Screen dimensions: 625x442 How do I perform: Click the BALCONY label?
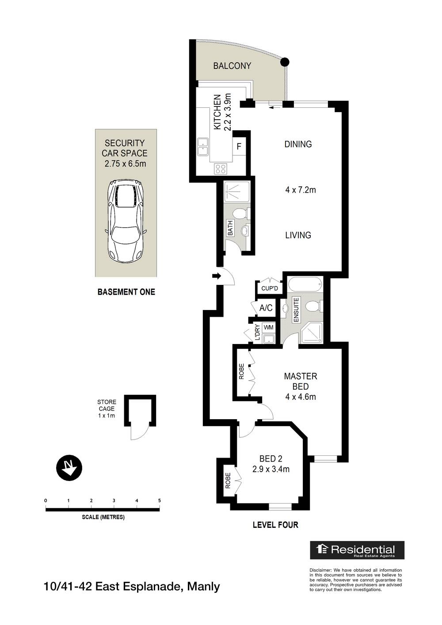(232, 66)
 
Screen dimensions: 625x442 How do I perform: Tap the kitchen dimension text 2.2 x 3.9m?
(228, 112)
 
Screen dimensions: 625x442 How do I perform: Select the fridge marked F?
(239, 146)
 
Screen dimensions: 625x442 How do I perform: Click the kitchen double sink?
(203, 147)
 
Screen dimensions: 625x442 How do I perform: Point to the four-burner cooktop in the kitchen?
(221, 168)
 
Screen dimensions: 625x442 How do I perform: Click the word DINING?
(298, 144)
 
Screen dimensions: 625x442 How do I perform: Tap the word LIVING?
(298, 235)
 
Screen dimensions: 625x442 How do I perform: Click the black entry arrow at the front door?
(216, 277)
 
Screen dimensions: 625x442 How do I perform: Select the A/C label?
(266, 308)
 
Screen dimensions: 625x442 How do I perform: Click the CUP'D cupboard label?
(269, 288)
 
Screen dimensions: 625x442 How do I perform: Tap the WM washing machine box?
(268, 328)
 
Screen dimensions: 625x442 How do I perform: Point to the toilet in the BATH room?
(239, 214)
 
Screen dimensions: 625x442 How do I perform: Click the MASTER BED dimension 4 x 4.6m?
(301, 397)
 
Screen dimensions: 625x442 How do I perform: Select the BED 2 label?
(271, 459)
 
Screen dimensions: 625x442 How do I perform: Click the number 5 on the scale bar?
(159, 500)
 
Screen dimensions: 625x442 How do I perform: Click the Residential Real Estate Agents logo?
(357, 550)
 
